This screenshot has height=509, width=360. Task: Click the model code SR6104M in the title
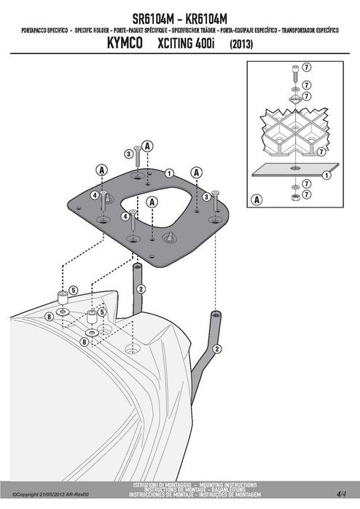[x=153, y=19]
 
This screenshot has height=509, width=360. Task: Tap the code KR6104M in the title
[x=206, y=19]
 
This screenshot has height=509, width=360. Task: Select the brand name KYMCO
[x=125, y=43]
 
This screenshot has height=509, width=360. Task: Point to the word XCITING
[x=176, y=43]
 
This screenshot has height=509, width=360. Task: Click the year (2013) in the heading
[x=241, y=44]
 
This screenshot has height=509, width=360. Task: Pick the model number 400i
[x=205, y=43]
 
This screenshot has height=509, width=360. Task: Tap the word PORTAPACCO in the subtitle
[x=34, y=31]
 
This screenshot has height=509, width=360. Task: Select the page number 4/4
[x=342, y=494]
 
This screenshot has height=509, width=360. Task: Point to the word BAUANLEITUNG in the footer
[x=228, y=489]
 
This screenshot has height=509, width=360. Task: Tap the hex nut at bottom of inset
[x=295, y=197]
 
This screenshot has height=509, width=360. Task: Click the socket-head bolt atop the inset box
[x=295, y=74]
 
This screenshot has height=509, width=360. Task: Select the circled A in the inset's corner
[x=257, y=200]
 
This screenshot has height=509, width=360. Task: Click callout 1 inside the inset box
[x=326, y=175]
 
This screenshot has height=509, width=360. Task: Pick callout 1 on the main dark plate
[x=169, y=173]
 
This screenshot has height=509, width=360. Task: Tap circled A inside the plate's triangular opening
[x=152, y=202]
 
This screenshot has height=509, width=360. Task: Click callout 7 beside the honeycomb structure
[x=321, y=151]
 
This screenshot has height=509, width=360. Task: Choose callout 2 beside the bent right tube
[x=217, y=349]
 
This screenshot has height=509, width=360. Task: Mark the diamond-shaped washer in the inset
[x=295, y=99]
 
